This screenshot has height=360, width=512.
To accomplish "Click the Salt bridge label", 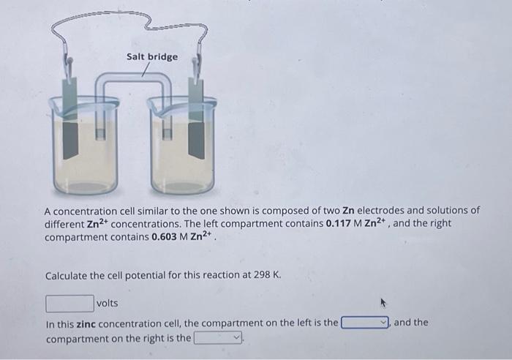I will (x=151, y=56).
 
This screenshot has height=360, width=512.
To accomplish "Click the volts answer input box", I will (x=69, y=303).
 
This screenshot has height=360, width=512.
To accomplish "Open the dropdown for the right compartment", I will (x=218, y=339).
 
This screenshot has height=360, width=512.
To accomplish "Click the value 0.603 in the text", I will (x=167, y=239).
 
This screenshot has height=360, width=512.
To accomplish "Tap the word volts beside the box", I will (x=107, y=303).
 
